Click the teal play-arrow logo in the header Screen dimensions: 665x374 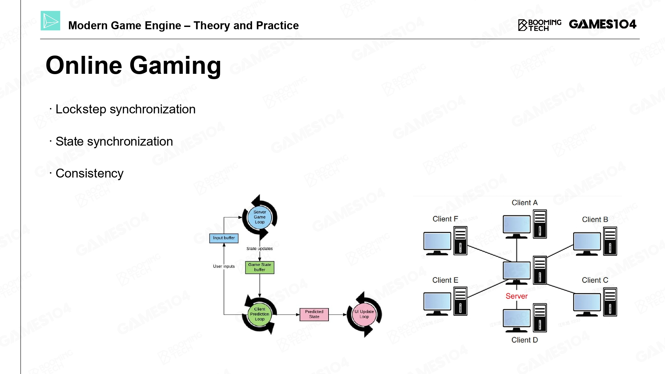pyautogui.click(x=50, y=21)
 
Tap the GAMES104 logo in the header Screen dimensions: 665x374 pyautogui.click(x=602, y=24)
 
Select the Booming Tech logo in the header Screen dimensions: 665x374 pyautogui.click(x=540, y=25)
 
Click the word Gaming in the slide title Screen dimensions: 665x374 pyautogui.click(x=175, y=66)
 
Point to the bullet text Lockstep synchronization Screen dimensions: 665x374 pyautogui.click(x=125, y=109)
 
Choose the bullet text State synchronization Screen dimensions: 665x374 pyautogui.click(x=114, y=141)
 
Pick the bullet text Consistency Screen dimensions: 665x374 pyautogui.click(x=89, y=173)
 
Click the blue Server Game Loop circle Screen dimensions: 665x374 pyautogui.click(x=260, y=217)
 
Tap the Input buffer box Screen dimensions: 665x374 pyautogui.click(x=224, y=238)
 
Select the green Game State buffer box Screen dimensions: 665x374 pyautogui.click(x=260, y=267)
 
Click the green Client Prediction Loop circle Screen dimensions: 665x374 pyautogui.click(x=260, y=314)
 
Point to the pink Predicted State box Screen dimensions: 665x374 pyautogui.click(x=314, y=314)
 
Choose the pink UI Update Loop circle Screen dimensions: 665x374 pyautogui.click(x=364, y=314)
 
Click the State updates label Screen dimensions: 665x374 pyautogui.click(x=260, y=249)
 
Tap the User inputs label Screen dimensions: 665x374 pyautogui.click(x=224, y=266)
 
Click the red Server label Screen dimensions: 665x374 pyautogui.click(x=517, y=296)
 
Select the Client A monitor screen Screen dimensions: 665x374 pyautogui.click(x=517, y=224)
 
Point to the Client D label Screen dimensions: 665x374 pyautogui.click(x=525, y=340)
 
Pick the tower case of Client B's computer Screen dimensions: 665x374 pyautogui.click(x=610, y=241)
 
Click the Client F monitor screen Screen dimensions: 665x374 pyautogui.click(x=437, y=241)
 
